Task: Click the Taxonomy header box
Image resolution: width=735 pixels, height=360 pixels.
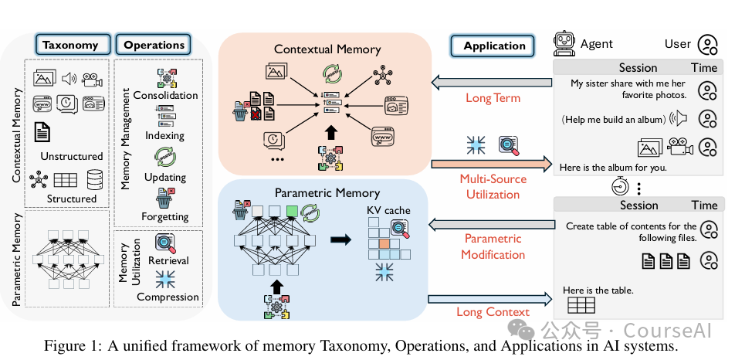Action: pos(73,45)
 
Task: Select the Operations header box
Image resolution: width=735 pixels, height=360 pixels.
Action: pos(154,45)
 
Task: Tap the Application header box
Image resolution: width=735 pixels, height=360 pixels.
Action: pos(493,46)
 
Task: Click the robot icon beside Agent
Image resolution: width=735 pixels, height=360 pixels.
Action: pos(564,44)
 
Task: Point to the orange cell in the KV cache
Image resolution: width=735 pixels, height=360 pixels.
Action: pos(384,244)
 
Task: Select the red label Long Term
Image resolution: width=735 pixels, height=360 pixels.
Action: pos(493,98)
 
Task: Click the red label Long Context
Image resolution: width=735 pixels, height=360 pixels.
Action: pos(493,312)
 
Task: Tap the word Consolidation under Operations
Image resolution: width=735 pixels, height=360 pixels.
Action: pos(165,95)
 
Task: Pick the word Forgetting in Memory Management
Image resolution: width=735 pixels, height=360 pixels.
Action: pos(165,216)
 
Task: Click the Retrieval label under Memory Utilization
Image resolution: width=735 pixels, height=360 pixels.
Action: pos(168,260)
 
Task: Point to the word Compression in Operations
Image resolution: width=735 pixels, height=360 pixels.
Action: pos(168,297)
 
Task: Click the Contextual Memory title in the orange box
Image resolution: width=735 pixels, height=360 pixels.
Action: pos(327,49)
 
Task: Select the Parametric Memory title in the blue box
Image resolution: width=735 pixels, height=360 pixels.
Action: pos(327,193)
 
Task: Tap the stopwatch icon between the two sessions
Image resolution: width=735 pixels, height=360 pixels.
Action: pos(620,186)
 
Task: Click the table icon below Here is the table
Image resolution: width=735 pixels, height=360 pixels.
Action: pos(581,306)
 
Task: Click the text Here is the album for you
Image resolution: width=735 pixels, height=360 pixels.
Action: pos(613,168)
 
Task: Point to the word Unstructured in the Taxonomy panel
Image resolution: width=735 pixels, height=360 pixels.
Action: pos(71,156)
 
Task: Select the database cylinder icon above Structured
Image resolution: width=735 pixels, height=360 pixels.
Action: pos(95,179)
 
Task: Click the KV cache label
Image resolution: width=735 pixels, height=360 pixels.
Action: pos(388,210)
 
